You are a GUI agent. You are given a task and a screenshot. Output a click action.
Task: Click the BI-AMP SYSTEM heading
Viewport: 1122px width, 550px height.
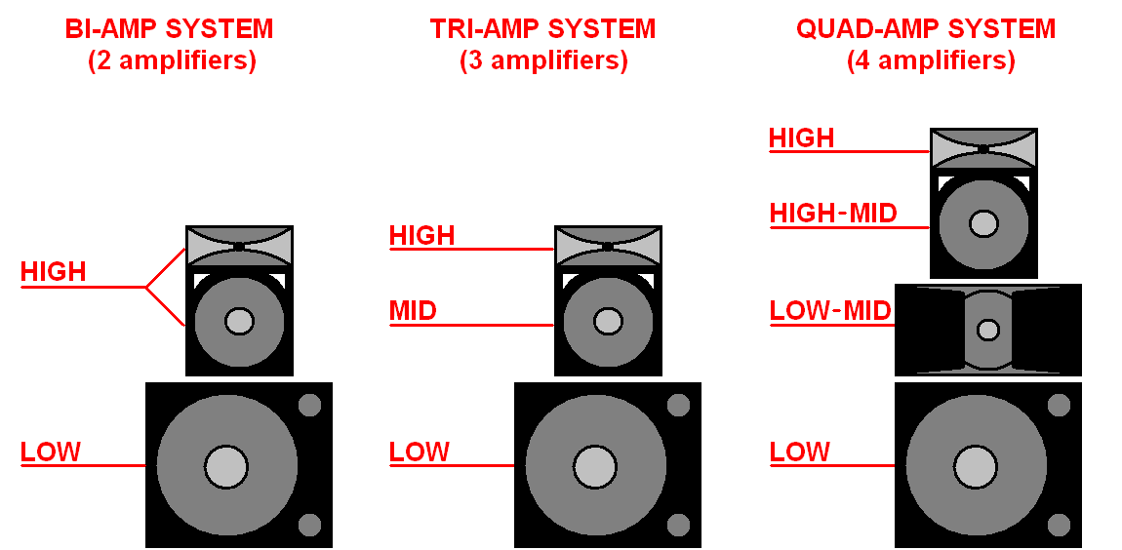[x=169, y=29]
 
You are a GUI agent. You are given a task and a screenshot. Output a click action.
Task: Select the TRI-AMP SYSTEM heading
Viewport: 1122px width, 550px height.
[x=542, y=29]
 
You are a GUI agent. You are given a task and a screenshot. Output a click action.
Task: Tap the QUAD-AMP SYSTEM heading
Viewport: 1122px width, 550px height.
[x=926, y=29]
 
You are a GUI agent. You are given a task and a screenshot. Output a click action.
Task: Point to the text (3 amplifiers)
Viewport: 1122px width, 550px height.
[x=543, y=61]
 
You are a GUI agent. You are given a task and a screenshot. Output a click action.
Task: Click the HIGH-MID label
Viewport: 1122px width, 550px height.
[x=832, y=214]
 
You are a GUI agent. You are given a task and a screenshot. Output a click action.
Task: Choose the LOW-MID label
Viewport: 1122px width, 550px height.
[x=830, y=311]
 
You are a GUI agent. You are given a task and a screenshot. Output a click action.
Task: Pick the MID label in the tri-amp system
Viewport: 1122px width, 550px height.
[x=413, y=311]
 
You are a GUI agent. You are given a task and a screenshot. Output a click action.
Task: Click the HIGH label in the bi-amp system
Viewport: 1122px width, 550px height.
[x=54, y=272]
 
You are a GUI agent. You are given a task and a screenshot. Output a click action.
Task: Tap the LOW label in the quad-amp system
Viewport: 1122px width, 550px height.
[x=800, y=452]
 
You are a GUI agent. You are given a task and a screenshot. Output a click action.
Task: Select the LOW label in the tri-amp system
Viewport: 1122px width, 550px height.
[x=420, y=452]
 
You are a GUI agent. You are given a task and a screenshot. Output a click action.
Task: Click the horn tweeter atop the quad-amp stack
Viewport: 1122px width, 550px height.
[x=983, y=148]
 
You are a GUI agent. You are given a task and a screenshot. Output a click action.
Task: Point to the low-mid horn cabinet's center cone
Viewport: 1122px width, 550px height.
[x=988, y=330]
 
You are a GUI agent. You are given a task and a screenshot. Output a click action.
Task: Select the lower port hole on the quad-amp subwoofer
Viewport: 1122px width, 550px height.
[x=1058, y=525]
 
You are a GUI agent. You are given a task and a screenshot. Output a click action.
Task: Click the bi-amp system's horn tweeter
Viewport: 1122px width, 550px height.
[x=239, y=246]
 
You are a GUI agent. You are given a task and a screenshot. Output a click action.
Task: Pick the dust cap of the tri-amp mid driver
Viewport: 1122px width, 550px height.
[x=607, y=321]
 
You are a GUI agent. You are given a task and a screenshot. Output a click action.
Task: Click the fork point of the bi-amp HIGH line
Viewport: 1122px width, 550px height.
[x=146, y=287]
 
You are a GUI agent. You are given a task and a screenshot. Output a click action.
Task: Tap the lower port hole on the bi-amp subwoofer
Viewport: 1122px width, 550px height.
[x=309, y=525]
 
